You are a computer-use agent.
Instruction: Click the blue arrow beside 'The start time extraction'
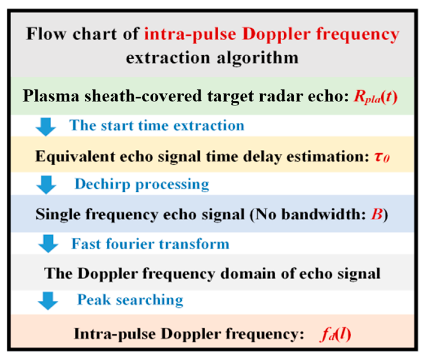pos(46,126)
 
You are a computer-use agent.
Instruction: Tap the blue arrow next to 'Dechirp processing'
pos(46,184)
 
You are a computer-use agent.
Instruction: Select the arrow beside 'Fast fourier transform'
pos(48,243)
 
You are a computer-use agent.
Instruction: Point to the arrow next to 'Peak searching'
pos(48,300)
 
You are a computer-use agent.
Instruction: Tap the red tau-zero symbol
pos(382,157)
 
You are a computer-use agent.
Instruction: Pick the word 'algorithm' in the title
pos(258,58)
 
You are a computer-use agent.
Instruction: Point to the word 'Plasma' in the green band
pos(51,96)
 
